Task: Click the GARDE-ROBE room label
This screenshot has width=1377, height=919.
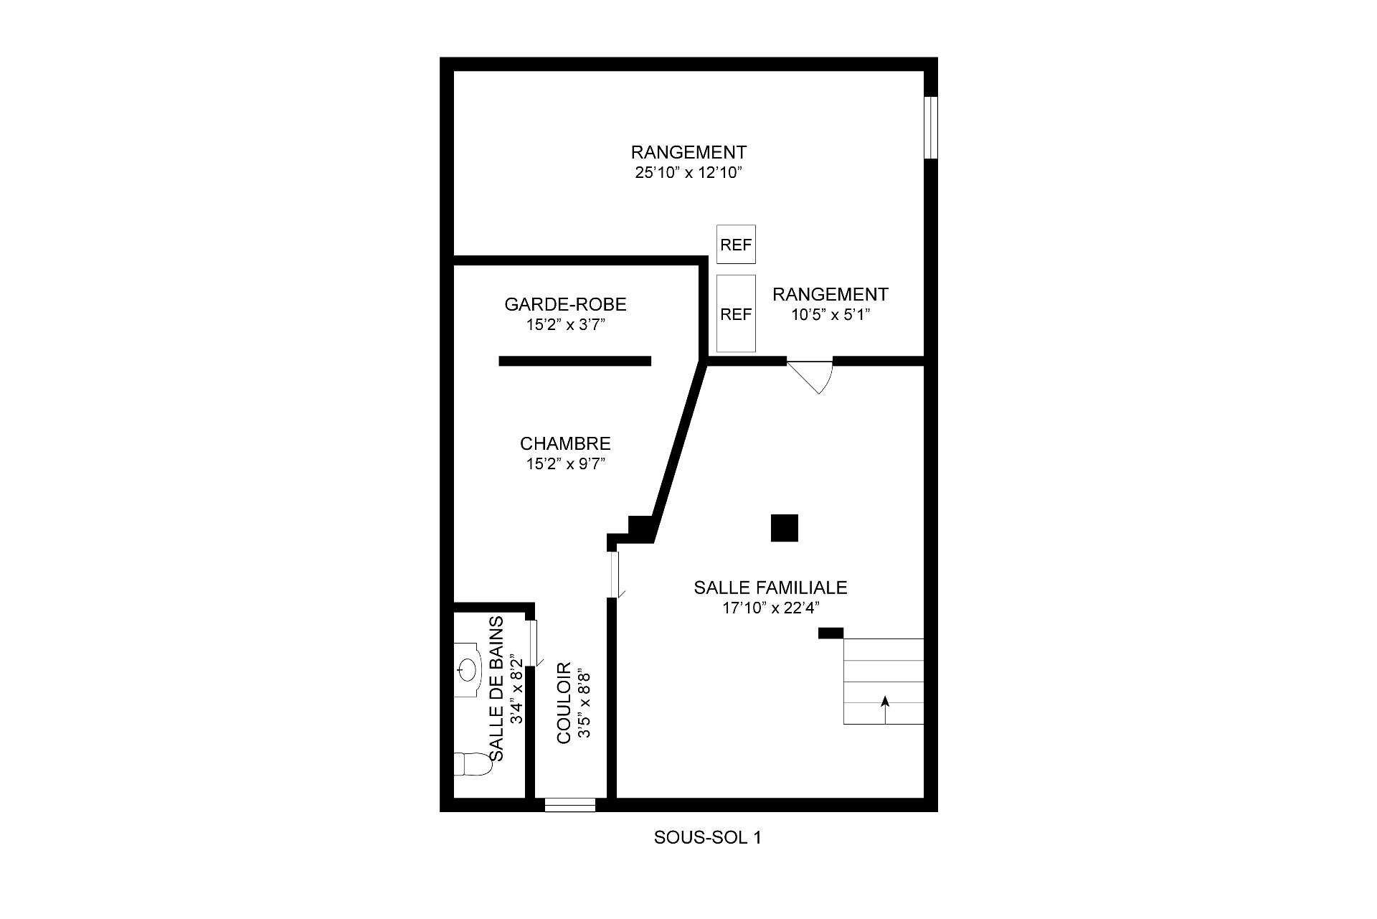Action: [x=565, y=304]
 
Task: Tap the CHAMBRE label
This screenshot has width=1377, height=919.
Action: [x=565, y=443]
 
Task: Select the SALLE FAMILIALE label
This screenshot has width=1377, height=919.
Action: [x=770, y=588]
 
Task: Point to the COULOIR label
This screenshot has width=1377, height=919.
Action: [x=564, y=702]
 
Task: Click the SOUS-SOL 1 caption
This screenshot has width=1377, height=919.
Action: [x=707, y=837]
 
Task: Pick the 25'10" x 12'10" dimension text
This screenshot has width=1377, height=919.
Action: [x=688, y=173]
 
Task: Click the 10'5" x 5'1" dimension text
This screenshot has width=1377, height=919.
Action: [x=831, y=314]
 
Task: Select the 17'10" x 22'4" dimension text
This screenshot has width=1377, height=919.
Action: [x=770, y=608]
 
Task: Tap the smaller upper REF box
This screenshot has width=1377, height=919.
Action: [x=736, y=244]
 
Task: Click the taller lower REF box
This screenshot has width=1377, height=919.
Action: [x=736, y=314]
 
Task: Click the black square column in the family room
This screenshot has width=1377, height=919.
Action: [x=785, y=528]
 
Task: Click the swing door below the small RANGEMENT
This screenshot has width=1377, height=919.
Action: [x=810, y=376]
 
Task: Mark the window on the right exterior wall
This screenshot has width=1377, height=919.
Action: [x=930, y=127]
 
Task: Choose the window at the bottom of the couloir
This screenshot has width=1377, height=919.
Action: [x=570, y=805]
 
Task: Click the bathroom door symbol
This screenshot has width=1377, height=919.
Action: [x=535, y=644]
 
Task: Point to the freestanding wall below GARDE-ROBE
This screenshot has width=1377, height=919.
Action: [x=575, y=361]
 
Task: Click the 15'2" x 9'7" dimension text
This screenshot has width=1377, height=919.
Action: [x=566, y=464]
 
